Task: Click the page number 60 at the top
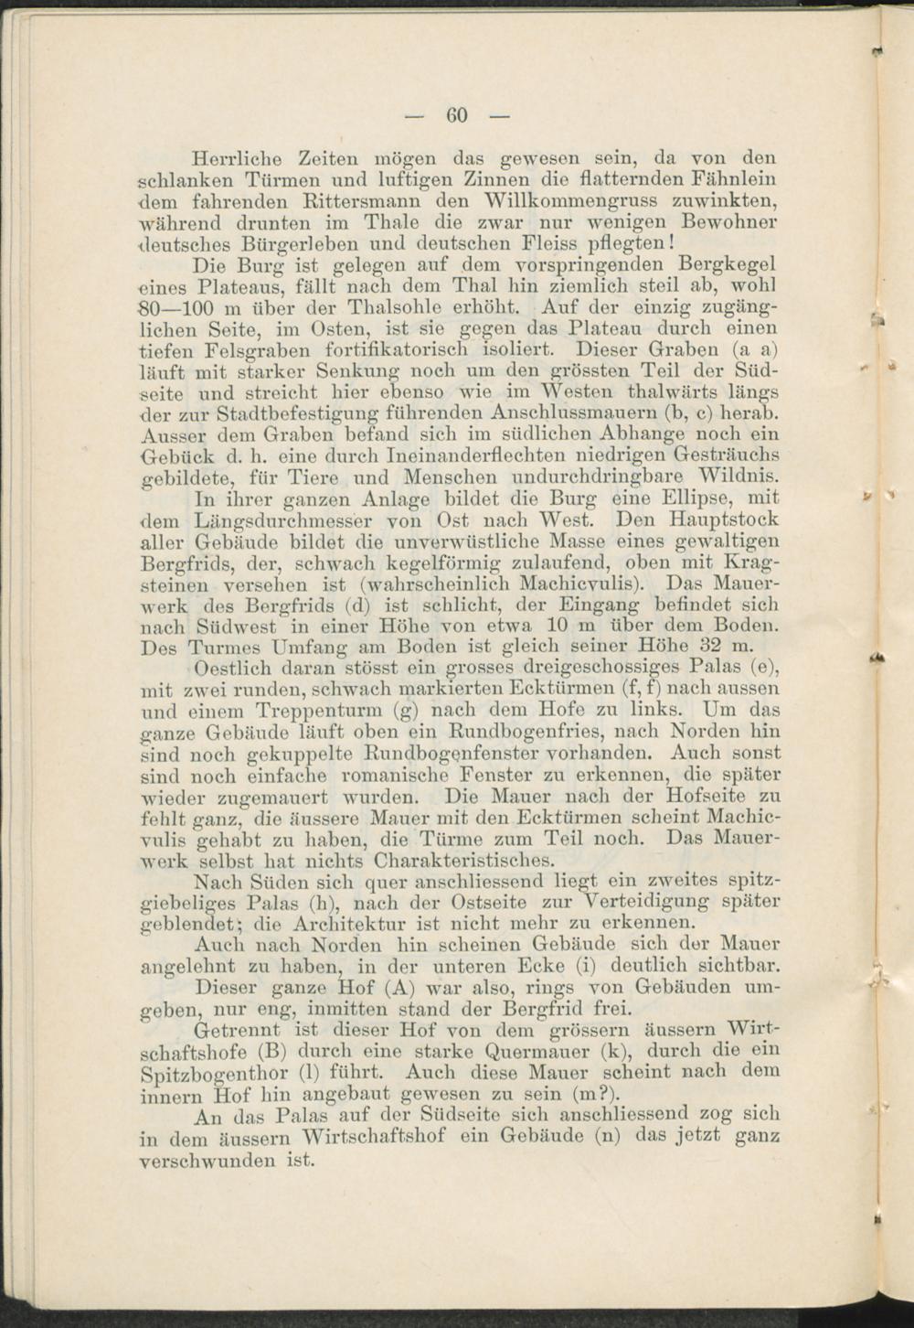[x=457, y=115]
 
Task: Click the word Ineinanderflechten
[x=356, y=455]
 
